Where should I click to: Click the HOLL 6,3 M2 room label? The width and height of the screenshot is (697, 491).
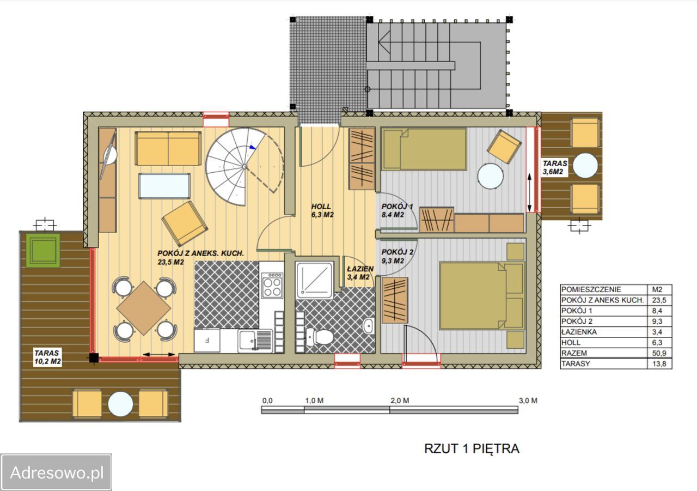coord(322,210)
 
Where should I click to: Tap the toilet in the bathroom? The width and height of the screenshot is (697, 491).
coord(320,337)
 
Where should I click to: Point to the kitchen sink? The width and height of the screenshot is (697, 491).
coord(255,341)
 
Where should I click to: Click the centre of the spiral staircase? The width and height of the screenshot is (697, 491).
coord(245,167)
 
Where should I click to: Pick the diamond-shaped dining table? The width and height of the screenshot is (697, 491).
coord(143,308)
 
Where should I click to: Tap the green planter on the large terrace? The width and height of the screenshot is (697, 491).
coord(43,250)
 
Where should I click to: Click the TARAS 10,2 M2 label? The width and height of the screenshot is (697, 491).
coord(47,357)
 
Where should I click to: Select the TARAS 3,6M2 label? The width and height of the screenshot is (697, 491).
coord(555,167)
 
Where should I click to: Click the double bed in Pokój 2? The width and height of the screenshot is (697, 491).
coord(482,296)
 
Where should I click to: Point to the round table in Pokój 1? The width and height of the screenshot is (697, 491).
coord(491,176)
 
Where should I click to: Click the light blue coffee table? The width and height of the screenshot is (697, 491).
coord(164,186)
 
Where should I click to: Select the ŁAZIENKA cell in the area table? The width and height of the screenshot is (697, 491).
coord(579,332)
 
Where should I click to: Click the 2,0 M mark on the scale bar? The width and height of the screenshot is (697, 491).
coord(400,401)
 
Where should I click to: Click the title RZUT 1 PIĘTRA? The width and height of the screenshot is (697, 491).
coord(472,448)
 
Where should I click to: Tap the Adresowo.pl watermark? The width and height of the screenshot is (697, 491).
coord(57,472)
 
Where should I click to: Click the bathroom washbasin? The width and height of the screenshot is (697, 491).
coord(369,326)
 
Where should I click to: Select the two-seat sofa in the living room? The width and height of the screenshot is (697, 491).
coord(168,149)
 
